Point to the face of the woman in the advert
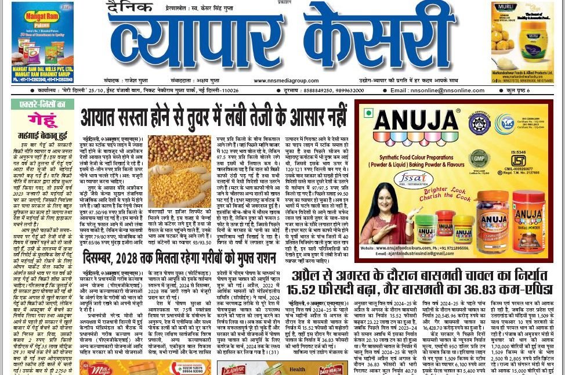coord(386,200)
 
